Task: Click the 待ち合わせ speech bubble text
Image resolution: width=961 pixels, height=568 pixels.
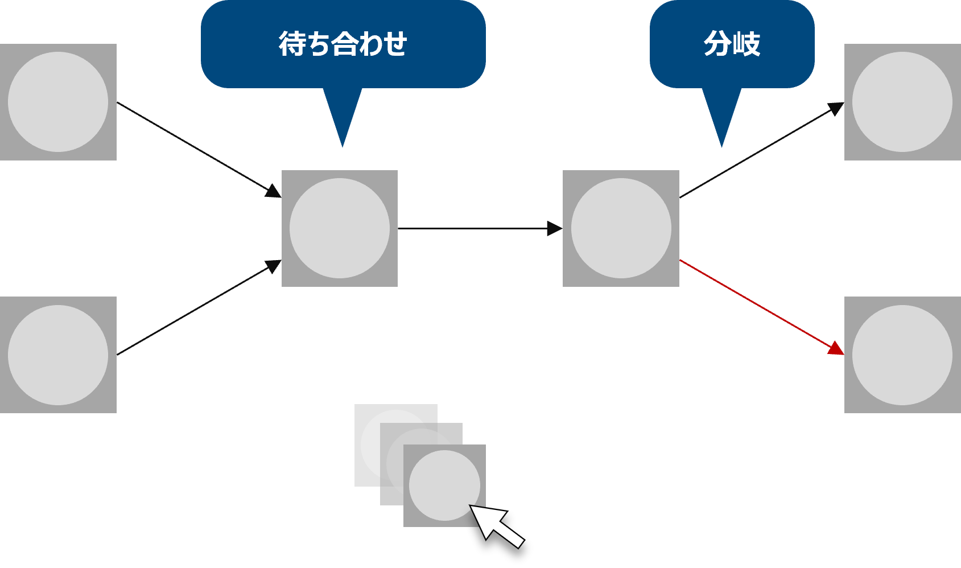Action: (x=343, y=44)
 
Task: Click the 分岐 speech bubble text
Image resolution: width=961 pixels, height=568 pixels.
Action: (x=732, y=44)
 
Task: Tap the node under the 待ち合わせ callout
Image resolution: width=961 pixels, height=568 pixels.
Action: (x=340, y=228)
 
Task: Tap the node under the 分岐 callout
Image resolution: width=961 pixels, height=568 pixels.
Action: (x=621, y=228)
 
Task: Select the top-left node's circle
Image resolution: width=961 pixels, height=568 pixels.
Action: (x=58, y=102)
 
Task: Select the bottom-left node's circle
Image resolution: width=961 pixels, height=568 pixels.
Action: (x=58, y=355)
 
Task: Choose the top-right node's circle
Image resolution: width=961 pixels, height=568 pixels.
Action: (x=902, y=102)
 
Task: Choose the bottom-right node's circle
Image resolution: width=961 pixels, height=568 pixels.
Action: (x=902, y=355)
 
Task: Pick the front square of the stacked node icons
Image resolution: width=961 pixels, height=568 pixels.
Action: (x=444, y=485)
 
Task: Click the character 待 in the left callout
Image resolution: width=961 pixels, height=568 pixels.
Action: (x=292, y=44)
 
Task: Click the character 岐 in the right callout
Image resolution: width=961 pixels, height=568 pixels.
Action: (x=746, y=44)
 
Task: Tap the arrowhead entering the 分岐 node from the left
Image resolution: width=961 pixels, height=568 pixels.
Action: (x=554, y=229)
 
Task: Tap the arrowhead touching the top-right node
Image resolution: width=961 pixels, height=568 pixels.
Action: (x=836, y=108)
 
